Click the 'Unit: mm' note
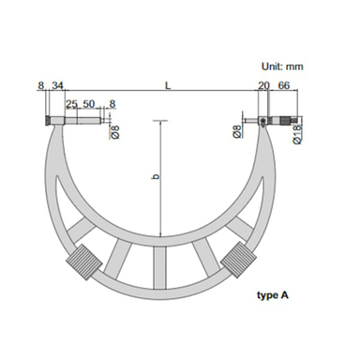(282, 67)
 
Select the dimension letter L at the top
(168, 85)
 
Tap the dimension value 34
(57, 85)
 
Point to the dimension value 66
(283, 85)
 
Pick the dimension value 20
(263, 85)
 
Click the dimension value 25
(71, 104)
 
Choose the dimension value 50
(88, 104)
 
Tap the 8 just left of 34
(40, 85)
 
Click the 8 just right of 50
(112, 104)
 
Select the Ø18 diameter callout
(298, 134)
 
